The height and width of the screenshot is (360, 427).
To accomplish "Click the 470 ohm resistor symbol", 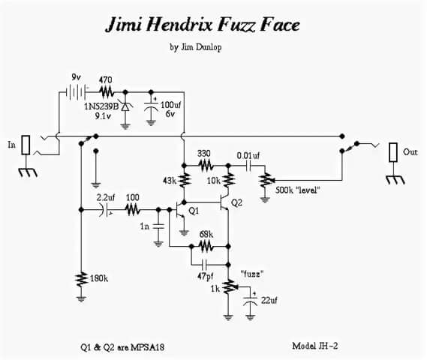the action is [107, 92].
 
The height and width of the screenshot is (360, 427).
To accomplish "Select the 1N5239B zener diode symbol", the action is [125, 106].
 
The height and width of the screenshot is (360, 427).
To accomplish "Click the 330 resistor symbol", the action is [206, 165].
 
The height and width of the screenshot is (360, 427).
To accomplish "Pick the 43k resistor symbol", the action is [185, 179].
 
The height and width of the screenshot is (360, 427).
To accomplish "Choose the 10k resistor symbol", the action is [228, 179].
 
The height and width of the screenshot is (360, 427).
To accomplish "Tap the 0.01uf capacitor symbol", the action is [248, 165].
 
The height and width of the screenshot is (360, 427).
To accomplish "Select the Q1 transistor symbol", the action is [180, 210].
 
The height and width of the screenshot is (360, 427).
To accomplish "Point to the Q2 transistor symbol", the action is [224, 202].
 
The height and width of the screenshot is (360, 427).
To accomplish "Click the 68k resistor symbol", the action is [206, 247].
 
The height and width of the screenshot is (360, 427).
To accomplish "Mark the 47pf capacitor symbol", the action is [205, 264].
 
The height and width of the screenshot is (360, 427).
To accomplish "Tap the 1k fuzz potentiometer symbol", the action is [230, 286].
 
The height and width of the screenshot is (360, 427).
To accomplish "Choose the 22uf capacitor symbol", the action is [250, 301].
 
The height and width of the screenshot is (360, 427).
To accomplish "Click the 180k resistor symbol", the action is [81, 279].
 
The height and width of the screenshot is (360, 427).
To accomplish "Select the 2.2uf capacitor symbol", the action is [106, 210].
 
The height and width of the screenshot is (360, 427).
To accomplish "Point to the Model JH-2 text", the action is [314, 346].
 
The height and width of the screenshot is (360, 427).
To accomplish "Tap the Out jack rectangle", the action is [393, 152].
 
